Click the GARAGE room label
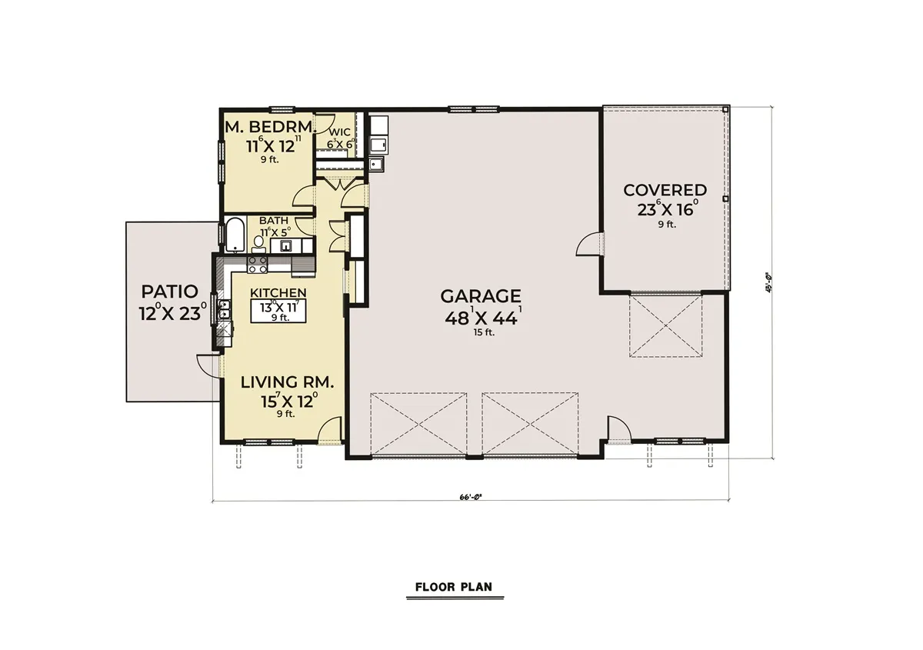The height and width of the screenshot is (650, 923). (x=481, y=295)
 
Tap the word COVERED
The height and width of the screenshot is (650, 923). (x=665, y=190)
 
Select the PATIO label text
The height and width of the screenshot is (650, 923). (x=169, y=292)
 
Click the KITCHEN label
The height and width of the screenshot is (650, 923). (x=278, y=292)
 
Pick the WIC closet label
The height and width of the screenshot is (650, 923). (x=340, y=132)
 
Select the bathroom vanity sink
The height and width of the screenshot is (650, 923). (x=285, y=245)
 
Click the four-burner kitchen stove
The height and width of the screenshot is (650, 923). (x=257, y=264)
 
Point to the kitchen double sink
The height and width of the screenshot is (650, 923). (x=224, y=311)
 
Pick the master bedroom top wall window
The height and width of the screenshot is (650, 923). (x=280, y=108)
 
